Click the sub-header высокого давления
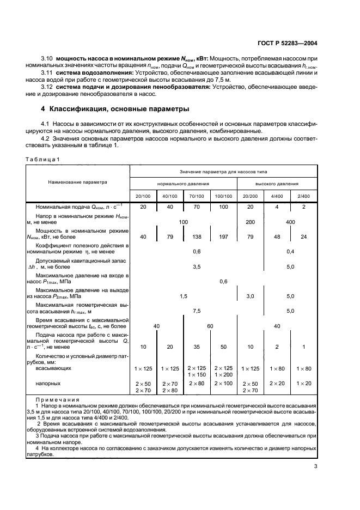[277, 184]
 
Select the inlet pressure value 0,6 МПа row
[223, 281]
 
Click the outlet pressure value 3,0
[251, 295]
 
